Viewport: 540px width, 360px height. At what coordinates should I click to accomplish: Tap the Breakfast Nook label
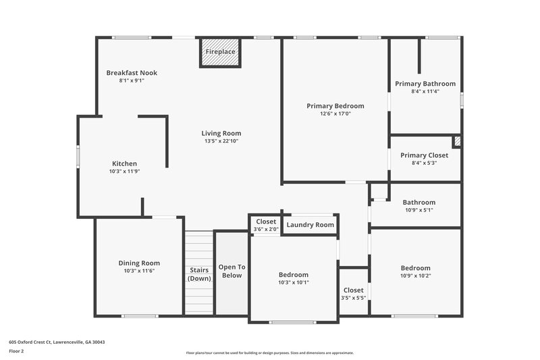pos(132,73)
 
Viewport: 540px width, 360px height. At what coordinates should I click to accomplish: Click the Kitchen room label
pos(124,163)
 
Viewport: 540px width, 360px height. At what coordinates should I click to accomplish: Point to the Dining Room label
pos(139,263)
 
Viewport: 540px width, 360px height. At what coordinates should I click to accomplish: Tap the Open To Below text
pos(232,271)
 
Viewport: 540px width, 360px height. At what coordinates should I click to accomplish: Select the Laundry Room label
pos(310,225)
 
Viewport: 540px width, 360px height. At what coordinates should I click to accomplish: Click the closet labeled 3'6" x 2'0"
pos(266,225)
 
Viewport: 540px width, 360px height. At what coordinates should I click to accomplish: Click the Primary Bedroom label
pos(335,106)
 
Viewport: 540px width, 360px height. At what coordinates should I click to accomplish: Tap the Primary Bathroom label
pos(425,84)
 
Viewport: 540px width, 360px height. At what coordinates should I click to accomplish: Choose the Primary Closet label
pos(424,155)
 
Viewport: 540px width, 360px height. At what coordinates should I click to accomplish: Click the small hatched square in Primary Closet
pos(456,141)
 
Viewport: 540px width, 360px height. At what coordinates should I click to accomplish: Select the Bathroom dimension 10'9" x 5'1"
pos(418,209)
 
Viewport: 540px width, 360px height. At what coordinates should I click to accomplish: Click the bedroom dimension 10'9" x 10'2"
pos(415,276)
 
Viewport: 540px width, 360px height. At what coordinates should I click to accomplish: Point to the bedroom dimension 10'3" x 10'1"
pos(294,282)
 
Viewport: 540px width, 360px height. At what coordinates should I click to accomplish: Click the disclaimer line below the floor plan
pos(269,353)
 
